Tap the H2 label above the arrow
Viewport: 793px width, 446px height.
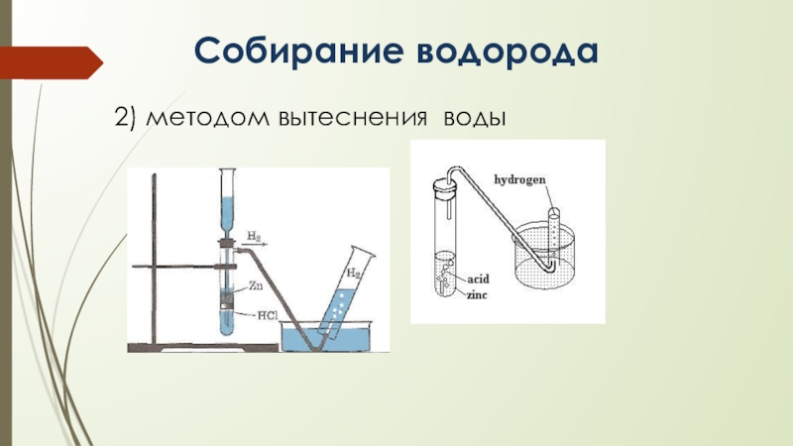pyautogui.click(x=255, y=235)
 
